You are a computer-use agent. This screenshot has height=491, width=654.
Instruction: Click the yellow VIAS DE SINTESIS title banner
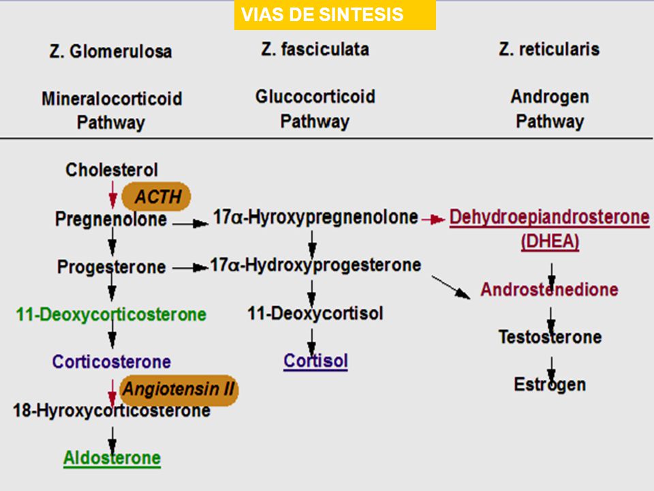[x=335, y=15]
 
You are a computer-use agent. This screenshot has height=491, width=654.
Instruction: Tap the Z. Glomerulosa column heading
[x=110, y=51]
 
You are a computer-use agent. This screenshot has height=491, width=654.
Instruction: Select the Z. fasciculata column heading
[x=315, y=49]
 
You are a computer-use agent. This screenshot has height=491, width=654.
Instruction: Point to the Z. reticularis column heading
[x=549, y=49]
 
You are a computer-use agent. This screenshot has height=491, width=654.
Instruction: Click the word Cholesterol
[x=111, y=170]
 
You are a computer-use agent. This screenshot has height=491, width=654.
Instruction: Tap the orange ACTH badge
[x=157, y=196]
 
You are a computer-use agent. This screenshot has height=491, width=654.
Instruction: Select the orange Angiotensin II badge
[x=179, y=390]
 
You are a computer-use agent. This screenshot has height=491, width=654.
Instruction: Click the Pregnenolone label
[x=111, y=219]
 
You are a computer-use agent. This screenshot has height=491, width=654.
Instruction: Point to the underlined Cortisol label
[x=315, y=361]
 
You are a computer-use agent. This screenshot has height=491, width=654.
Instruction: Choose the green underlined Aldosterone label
[x=112, y=458]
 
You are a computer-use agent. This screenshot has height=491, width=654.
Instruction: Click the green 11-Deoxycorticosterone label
[x=111, y=314]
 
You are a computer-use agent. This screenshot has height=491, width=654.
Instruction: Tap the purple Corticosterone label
[x=111, y=361]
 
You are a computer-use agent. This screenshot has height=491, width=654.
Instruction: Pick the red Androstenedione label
[x=549, y=289]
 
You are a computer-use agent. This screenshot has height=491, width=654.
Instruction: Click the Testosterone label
[x=550, y=337]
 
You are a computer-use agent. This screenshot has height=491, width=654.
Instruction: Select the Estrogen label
[x=550, y=385]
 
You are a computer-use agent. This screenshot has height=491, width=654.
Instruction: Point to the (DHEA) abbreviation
[x=550, y=241]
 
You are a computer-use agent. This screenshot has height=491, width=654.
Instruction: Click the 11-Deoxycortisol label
[x=315, y=314]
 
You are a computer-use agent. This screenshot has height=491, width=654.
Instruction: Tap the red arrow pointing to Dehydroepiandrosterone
[x=433, y=219]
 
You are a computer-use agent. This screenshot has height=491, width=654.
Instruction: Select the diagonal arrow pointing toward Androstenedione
[x=451, y=287]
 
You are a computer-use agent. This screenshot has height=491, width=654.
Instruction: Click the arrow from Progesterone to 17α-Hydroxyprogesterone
[x=190, y=267]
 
